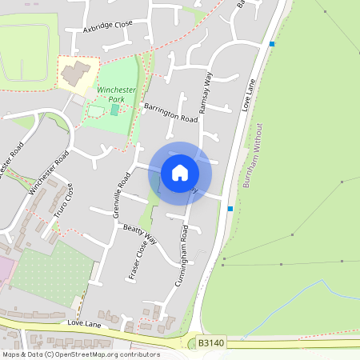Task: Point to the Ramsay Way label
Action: (206, 91)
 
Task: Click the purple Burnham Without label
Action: (253, 155)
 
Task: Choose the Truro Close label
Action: (64, 201)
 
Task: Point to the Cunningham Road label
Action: (180, 256)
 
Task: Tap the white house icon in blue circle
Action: (180, 173)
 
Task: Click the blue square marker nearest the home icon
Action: (230, 209)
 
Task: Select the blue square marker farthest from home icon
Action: (273, 44)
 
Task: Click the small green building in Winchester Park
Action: (114, 108)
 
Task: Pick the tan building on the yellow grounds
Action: (77, 74)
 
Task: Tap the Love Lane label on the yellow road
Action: (84, 322)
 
